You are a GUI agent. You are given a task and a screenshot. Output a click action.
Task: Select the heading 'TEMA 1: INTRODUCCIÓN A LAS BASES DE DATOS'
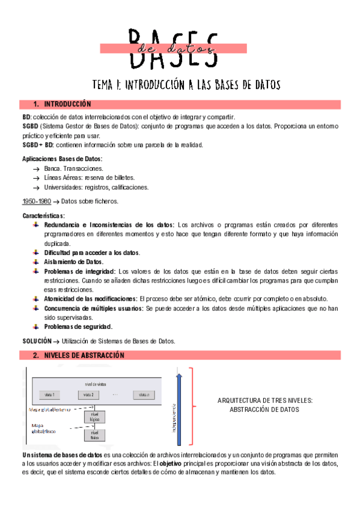click(x=186, y=84)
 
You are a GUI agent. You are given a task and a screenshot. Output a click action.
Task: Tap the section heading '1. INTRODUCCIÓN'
click(x=63, y=104)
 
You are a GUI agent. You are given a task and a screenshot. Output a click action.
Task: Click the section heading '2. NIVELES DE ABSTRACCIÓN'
click(x=78, y=355)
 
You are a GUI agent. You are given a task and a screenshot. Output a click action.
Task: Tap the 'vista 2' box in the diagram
click(x=88, y=395)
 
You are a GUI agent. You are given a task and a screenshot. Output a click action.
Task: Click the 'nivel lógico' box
click(x=94, y=416)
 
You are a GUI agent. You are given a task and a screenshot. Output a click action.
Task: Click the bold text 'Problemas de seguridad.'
click(x=78, y=327)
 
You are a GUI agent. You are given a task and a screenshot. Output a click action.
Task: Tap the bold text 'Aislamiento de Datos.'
click(x=74, y=262)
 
